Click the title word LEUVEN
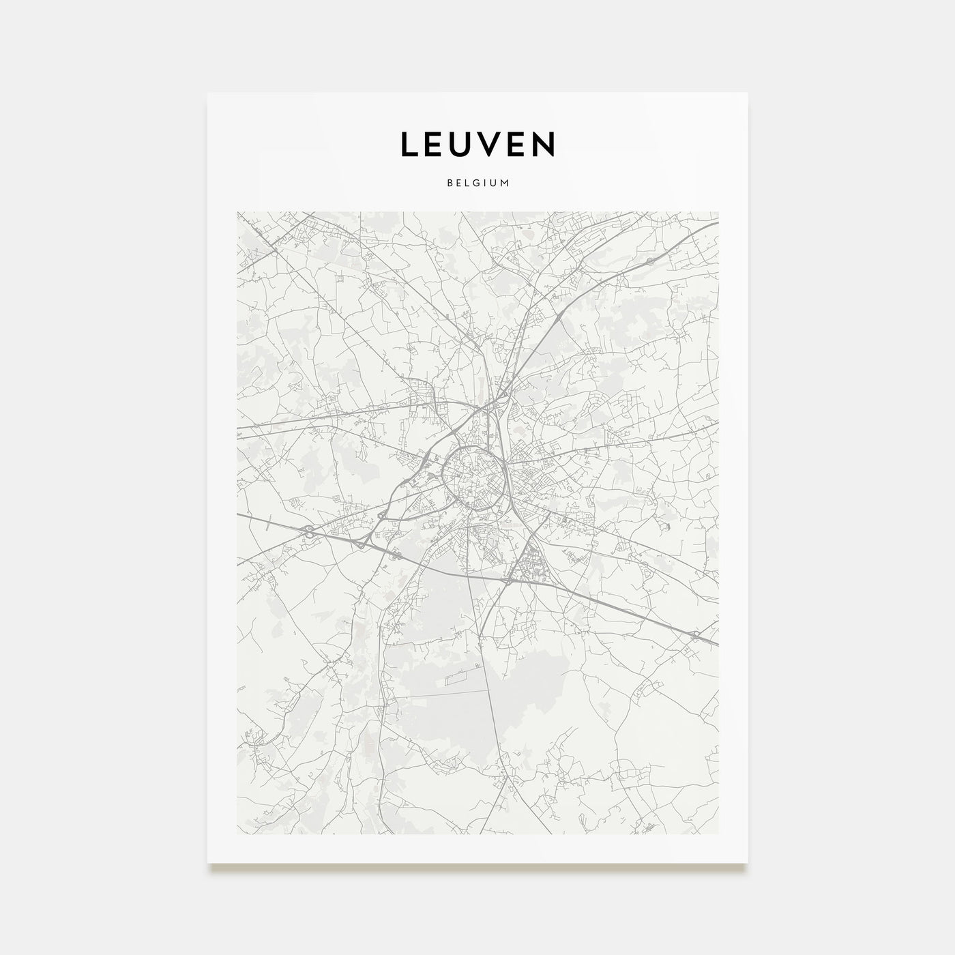[477, 144]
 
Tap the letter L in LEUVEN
[408, 144]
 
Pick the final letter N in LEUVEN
[544, 144]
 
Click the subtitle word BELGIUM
[477, 183]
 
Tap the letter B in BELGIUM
[449, 183]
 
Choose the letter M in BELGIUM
[505, 183]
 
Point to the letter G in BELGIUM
[477, 183]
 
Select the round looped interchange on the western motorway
[310, 531]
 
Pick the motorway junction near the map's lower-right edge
[694, 635]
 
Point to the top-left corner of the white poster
[207, 93]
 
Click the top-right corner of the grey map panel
[718, 211]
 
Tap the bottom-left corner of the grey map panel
[237, 834]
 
